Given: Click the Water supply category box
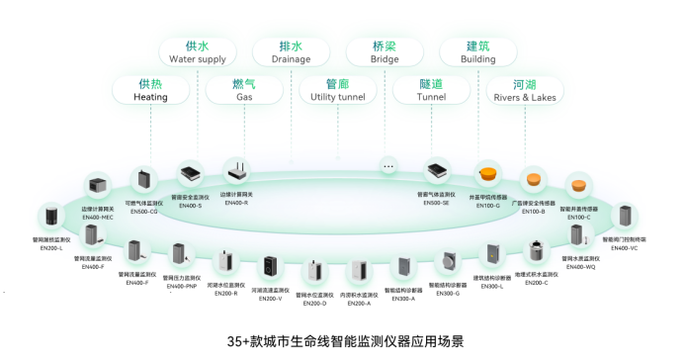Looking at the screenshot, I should (198, 52).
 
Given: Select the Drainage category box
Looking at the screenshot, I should (291, 52).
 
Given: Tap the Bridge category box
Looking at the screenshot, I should (385, 52).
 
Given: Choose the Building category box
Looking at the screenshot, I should (478, 52).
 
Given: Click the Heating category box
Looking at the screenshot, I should (150, 90).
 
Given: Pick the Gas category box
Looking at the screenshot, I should (244, 90).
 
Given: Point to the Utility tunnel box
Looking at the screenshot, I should (337, 90).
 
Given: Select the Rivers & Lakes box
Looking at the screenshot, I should (525, 90).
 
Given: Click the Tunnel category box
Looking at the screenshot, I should (431, 90).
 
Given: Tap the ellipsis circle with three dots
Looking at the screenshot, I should (388, 167).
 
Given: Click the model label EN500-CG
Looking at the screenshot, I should (144, 212).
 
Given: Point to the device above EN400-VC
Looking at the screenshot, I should (625, 217).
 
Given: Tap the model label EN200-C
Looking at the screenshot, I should (536, 283).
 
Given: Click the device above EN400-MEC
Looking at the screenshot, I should (98, 185).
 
